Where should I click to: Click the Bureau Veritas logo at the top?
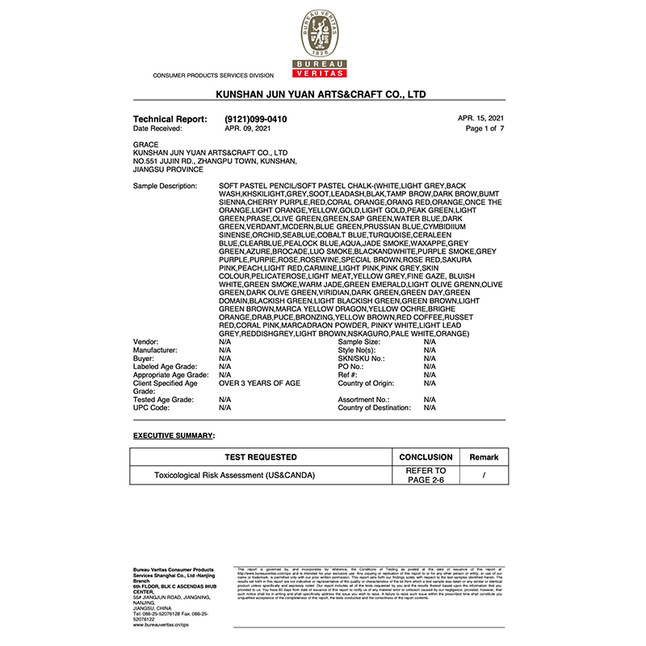click(322, 44)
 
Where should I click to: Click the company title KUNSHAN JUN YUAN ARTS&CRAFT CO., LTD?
click(321, 94)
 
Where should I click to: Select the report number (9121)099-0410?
click(255, 119)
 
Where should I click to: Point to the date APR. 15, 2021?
click(480, 118)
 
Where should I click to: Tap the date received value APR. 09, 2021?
click(248, 128)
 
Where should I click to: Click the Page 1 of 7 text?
click(484, 128)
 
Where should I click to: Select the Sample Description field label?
click(165, 187)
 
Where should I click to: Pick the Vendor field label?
click(146, 342)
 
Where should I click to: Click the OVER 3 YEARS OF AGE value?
click(260, 384)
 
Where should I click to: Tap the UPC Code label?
click(151, 408)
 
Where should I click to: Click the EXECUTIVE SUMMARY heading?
click(174, 435)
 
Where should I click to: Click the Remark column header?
click(484, 457)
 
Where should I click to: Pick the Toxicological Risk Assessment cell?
click(235, 476)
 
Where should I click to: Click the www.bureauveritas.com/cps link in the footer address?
click(161, 624)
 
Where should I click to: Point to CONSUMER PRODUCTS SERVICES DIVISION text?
click(213, 75)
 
